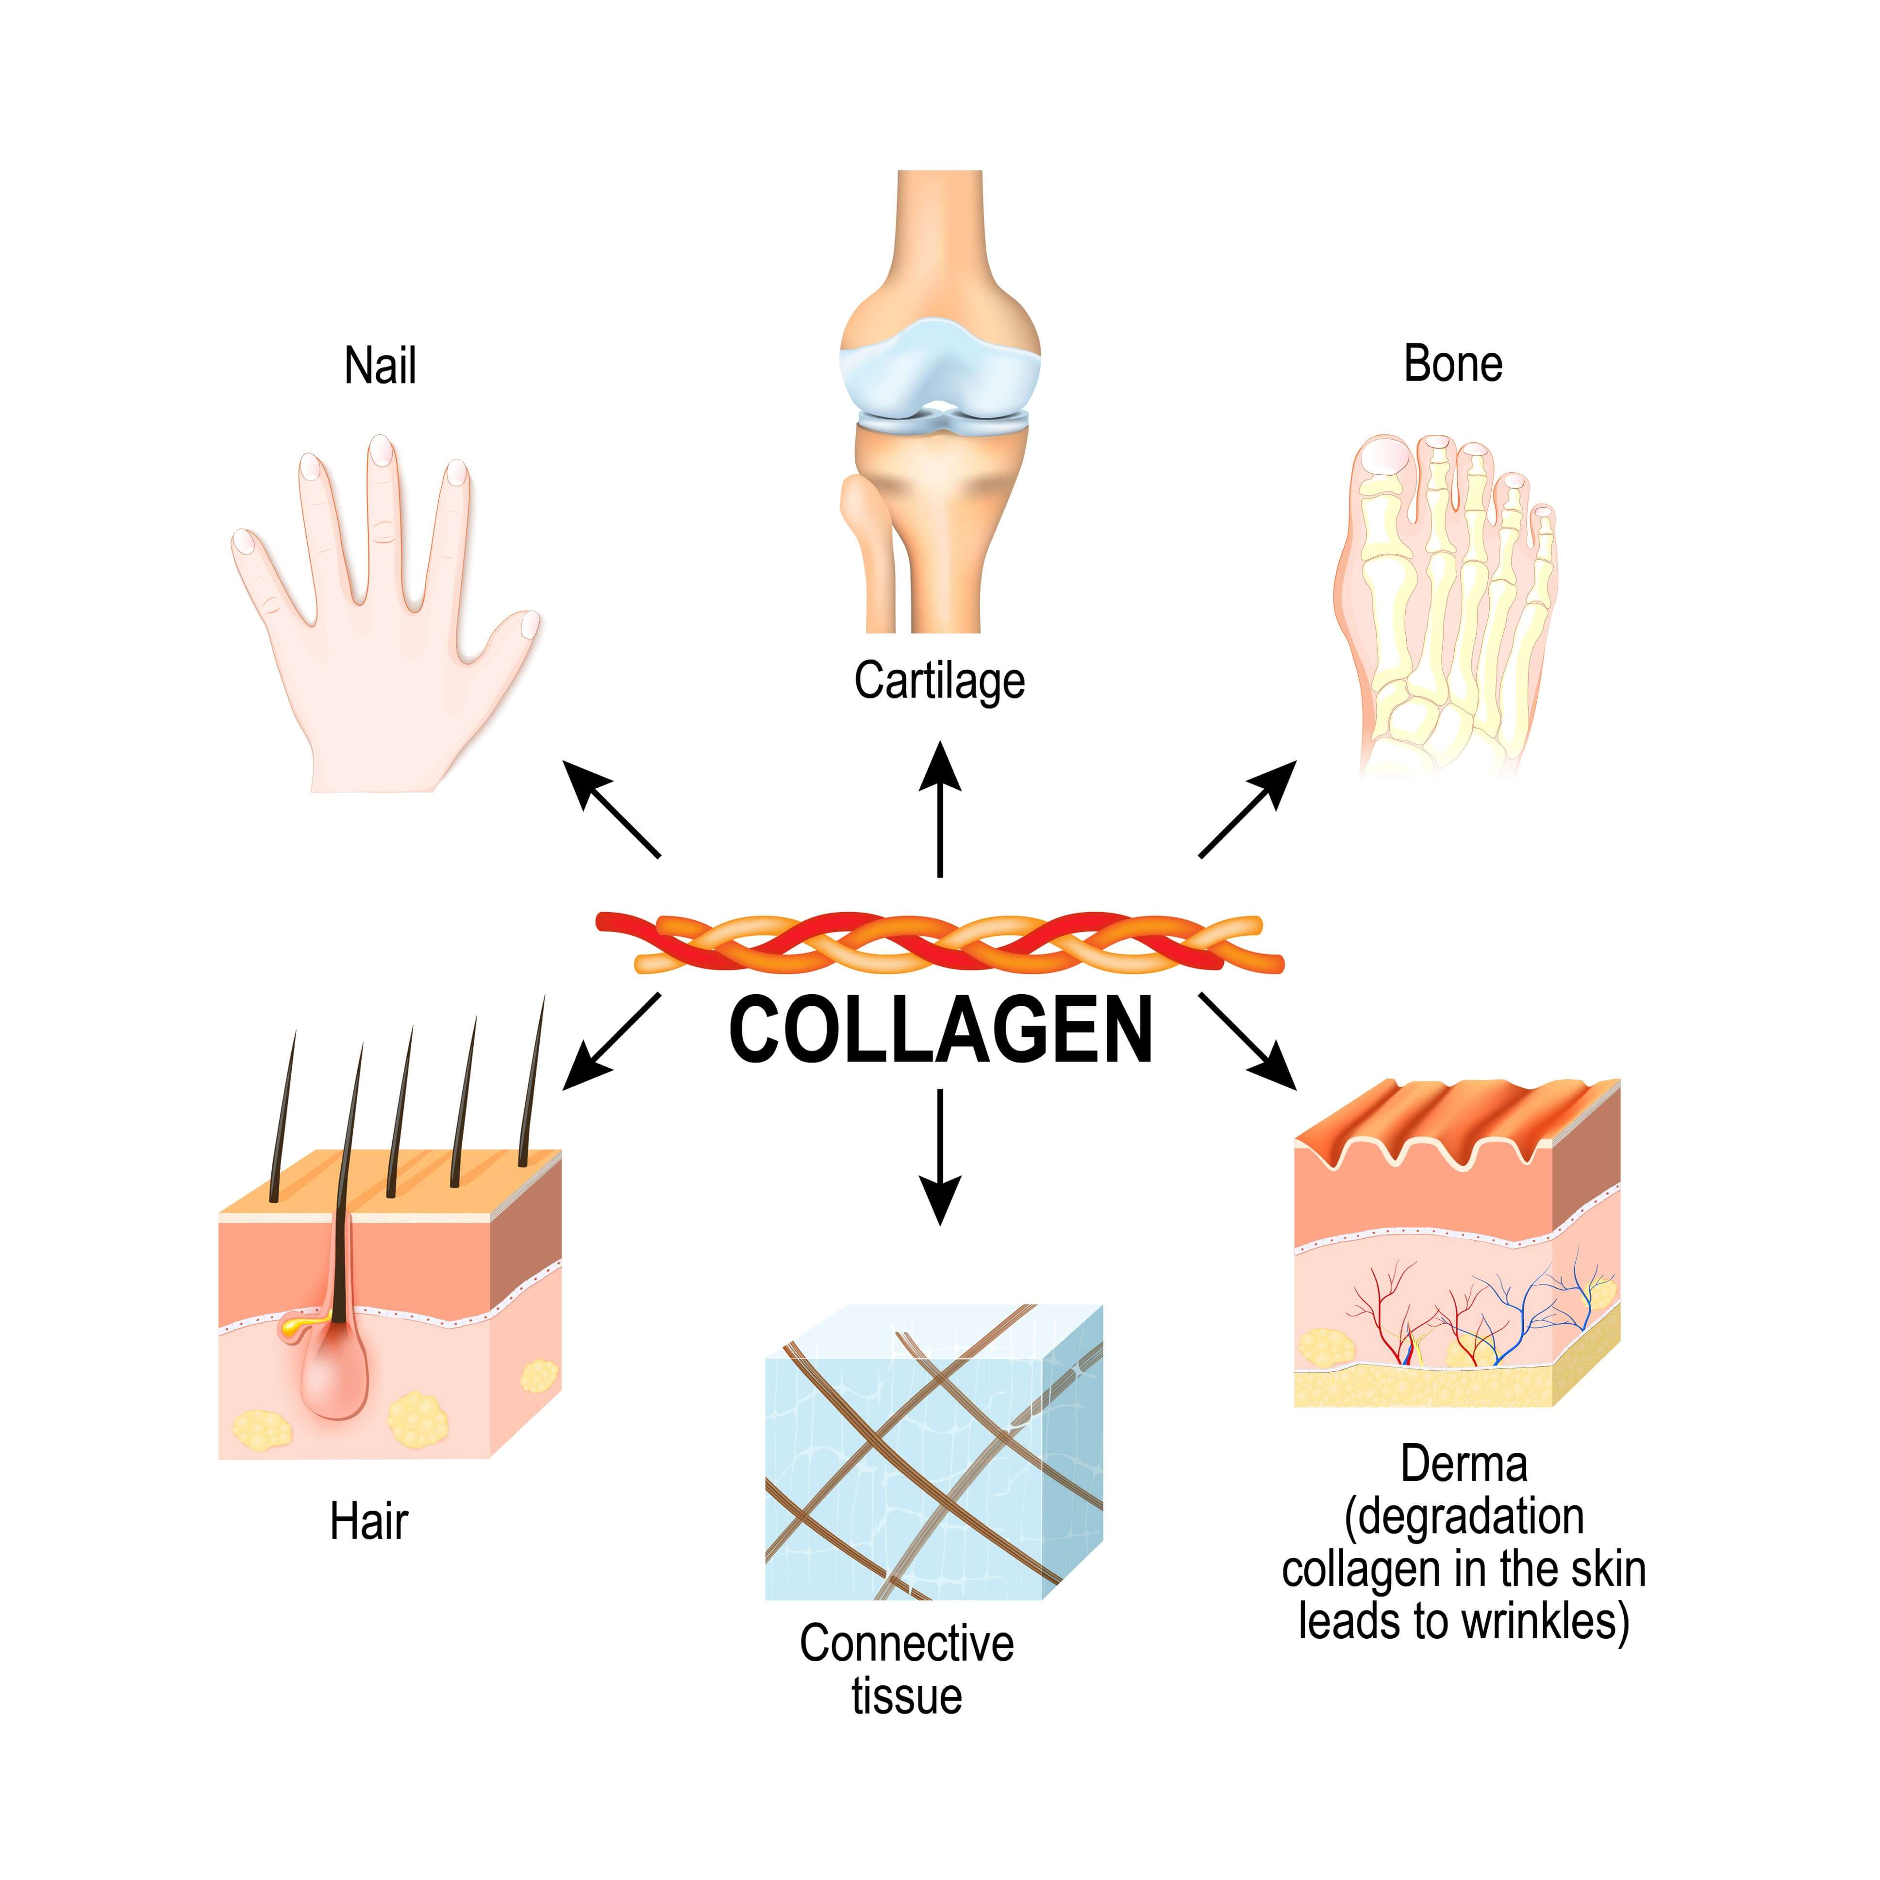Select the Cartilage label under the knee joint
click(x=939, y=681)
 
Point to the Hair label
click(x=369, y=1522)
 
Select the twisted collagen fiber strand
click(x=940, y=942)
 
